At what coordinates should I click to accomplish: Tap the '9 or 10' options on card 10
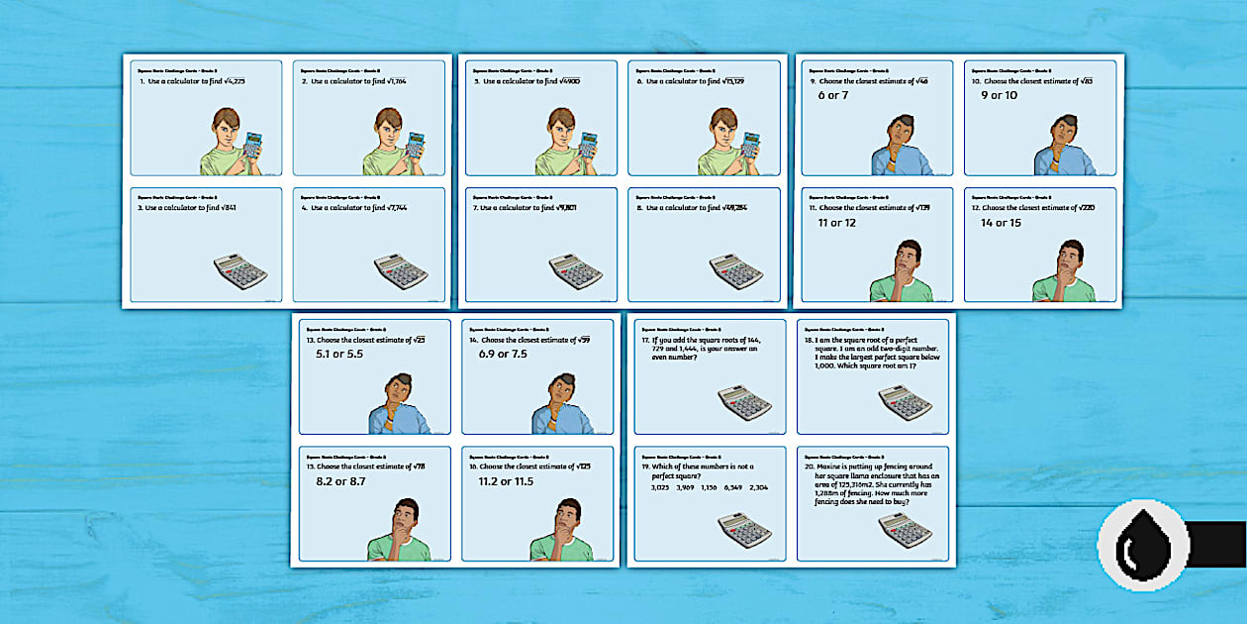[999, 95]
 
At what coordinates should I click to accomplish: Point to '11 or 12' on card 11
[836, 223]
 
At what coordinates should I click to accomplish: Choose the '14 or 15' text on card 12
[1002, 223]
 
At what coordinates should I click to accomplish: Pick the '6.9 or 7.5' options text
[503, 354]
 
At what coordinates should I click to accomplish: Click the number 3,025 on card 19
[661, 487]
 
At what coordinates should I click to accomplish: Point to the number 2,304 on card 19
[758, 487]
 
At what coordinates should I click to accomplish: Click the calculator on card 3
[240, 271]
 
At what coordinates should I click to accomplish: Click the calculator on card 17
[744, 402]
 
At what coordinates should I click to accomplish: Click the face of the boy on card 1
[227, 126]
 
